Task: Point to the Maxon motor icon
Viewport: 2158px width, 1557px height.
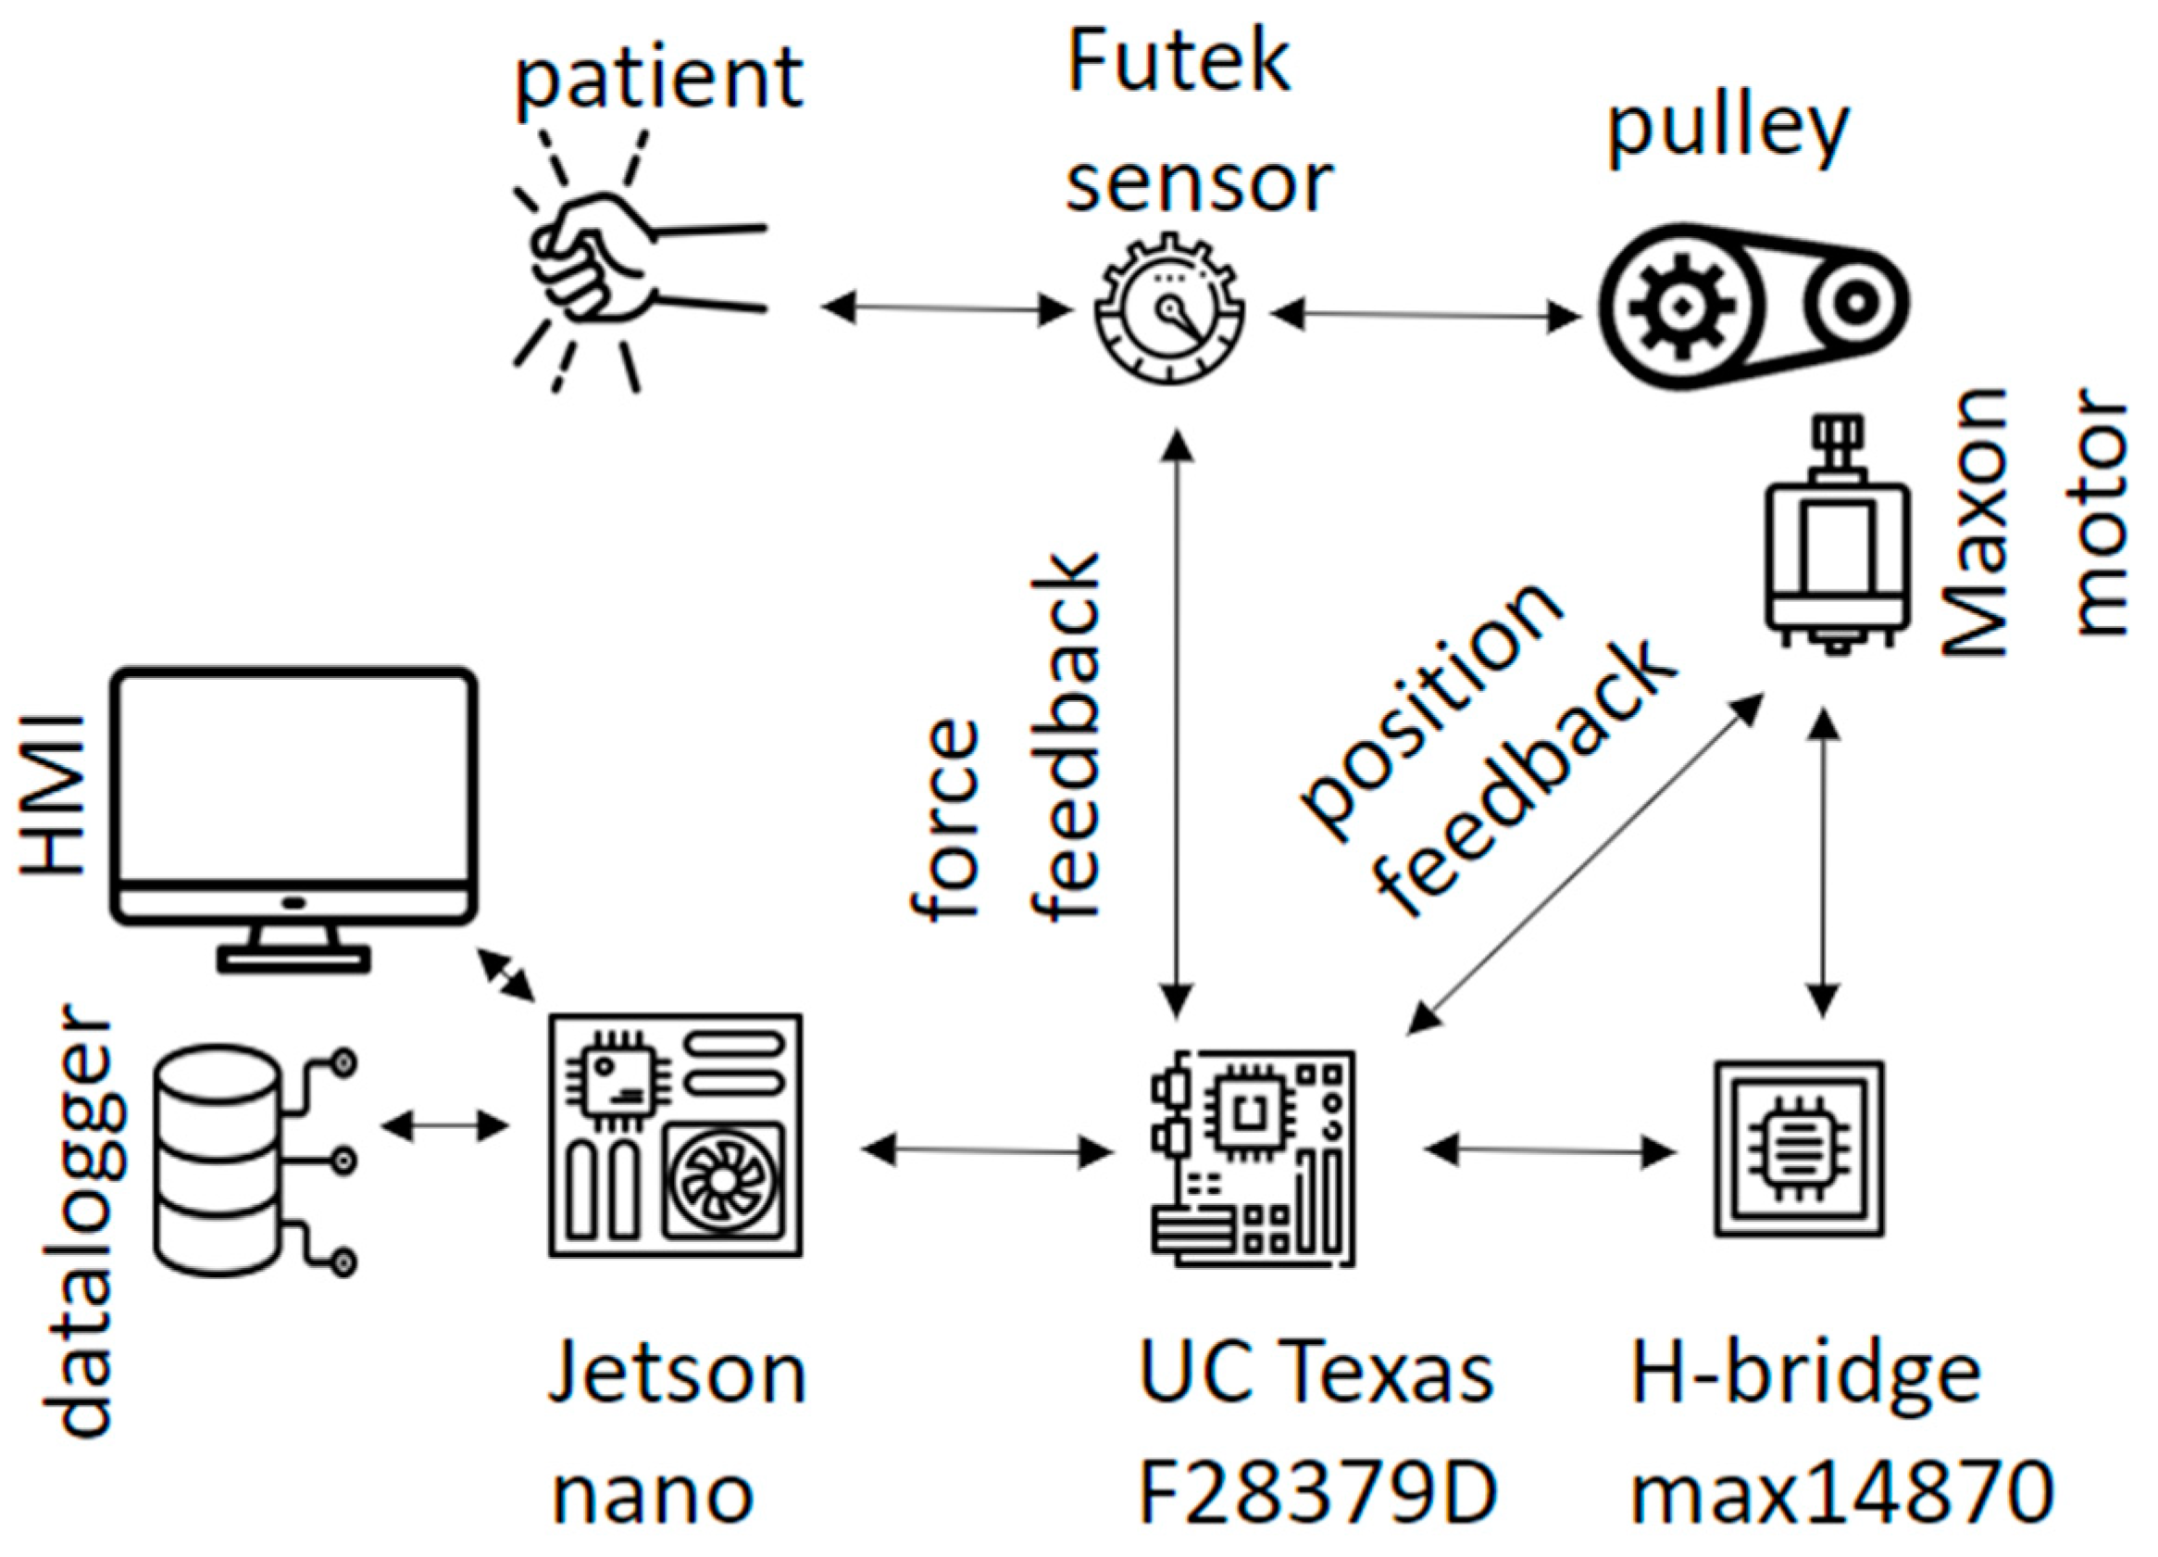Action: pyautogui.click(x=1836, y=543)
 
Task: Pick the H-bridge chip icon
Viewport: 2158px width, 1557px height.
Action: pyautogui.click(x=1798, y=1149)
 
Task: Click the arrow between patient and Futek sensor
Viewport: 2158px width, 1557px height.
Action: pyautogui.click(x=946, y=308)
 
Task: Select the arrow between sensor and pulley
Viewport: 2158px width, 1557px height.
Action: pyautogui.click(x=1425, y=314)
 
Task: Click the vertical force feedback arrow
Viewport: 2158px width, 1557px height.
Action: pyautogui.click(x=1178, y=723)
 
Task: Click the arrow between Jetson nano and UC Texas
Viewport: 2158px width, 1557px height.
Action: pyautogui.click(x=987, y=1150)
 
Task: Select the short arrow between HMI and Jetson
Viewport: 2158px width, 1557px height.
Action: pyautogui.click(x=506, y=974)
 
